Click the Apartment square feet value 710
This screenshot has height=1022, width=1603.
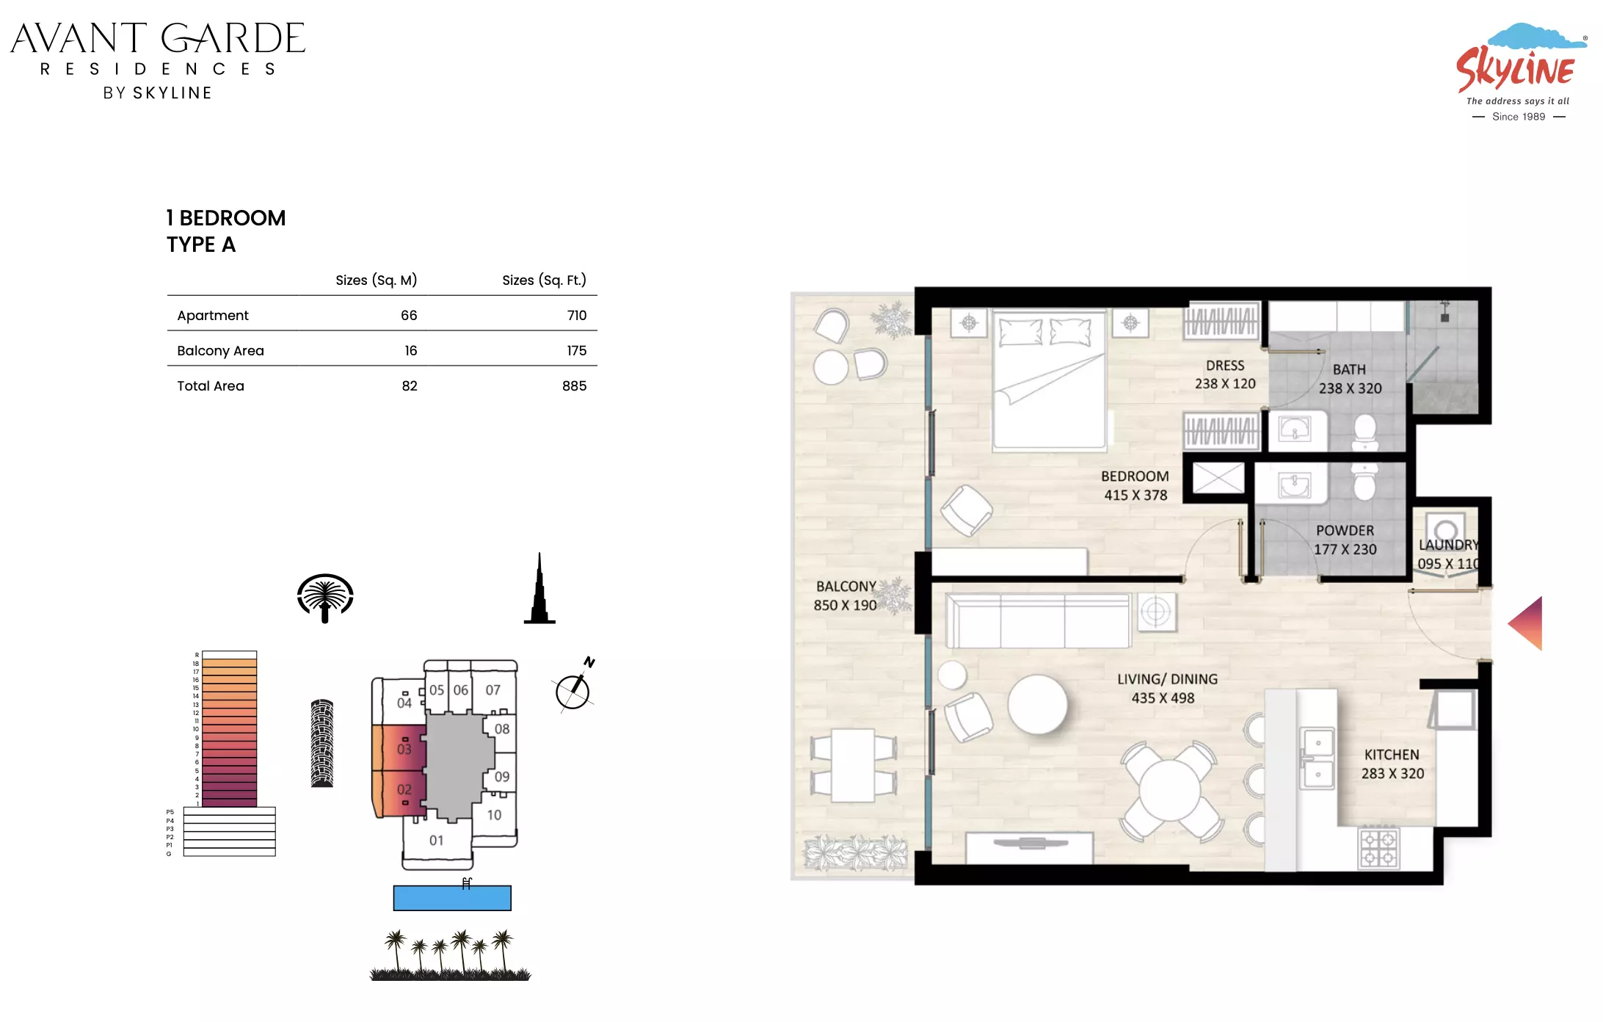[576, 315]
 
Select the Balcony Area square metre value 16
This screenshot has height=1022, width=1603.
[410, 350]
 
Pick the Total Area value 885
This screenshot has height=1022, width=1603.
[574, 385]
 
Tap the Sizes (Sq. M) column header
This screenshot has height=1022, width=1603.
[376, 280]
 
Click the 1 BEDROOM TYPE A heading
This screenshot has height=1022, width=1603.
[225, 231]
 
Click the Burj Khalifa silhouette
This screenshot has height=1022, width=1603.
[539, 588]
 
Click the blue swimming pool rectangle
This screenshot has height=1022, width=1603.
[452, 898]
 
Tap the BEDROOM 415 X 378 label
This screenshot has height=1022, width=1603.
[1135, 485]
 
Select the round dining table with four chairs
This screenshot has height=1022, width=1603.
[1170, 791]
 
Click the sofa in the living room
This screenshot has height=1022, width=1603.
[1038, 621]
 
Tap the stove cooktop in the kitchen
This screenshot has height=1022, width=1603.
[1379, 848]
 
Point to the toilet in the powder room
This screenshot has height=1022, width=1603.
[1364, 482]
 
